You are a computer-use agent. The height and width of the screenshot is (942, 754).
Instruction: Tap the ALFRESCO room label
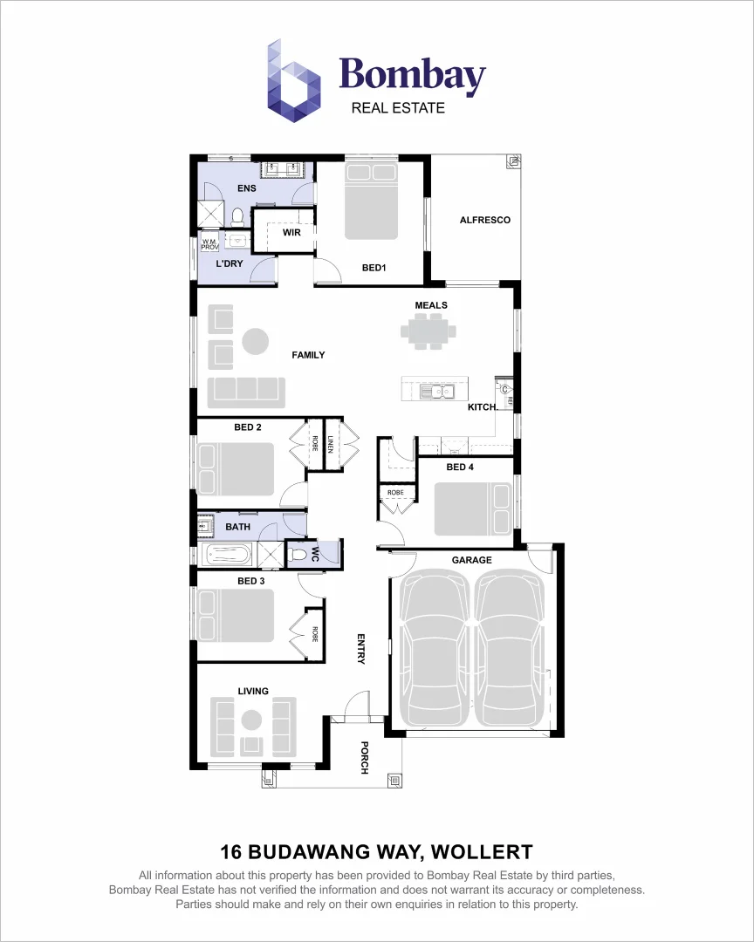[x=485, y=220]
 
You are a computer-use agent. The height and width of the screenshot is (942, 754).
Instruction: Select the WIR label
[x=291, y=233]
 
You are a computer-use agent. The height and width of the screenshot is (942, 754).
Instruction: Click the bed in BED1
[x=373, y=201]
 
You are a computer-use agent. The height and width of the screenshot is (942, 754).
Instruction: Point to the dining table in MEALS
[x=428, y=331]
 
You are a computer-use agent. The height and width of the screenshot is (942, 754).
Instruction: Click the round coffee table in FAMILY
[x=256, y=341]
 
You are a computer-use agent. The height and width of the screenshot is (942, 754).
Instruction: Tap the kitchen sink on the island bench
[x=433, y=391]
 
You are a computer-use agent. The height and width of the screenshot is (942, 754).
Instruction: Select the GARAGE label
[x=471, y=560]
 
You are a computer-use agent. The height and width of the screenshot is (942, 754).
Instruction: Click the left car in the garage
[x=434, y=645]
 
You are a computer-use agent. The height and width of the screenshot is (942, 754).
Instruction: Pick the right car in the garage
[x=511, y=645]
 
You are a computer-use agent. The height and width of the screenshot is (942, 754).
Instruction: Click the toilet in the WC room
[x=299, y=554]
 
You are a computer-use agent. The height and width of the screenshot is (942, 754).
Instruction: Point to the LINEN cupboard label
[x=331, y=445]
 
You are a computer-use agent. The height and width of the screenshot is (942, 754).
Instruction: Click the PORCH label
[x=365, y=757]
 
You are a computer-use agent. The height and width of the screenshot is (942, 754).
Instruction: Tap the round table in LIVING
[x=252, y=720]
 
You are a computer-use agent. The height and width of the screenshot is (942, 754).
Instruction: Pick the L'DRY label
[x=229, y=263]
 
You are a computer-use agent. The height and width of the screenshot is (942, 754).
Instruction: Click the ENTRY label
[x=360, y=649]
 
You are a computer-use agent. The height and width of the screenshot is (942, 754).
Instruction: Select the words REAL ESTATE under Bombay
[x=398, y=108]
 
